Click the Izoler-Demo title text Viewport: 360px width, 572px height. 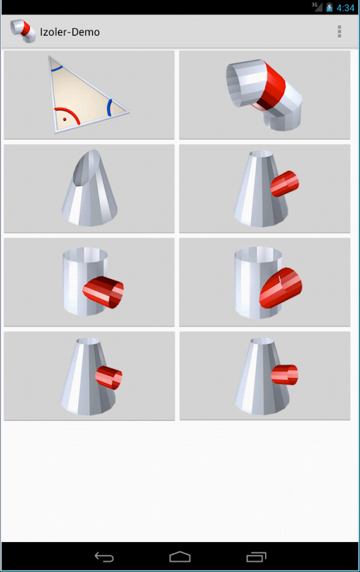[x=70, y=32]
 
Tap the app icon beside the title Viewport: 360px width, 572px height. [x=23, y=31]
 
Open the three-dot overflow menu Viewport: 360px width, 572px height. [x=339, y=32]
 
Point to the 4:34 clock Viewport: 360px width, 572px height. [x=345, y=8]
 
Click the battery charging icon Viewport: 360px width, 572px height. [x=329, y=7]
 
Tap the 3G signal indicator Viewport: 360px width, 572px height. [x=317, y=6]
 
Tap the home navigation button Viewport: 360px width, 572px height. [x=180, y=557]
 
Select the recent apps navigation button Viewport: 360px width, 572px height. [x=256, y=557]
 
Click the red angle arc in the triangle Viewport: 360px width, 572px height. [x=68, y=114]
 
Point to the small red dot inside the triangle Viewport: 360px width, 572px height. [x=65, y=119]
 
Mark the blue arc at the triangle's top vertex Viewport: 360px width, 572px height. [x=56, y=68]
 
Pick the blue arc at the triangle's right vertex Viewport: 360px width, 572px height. [x=109, y=107]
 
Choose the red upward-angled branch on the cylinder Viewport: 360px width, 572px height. [x=280, y=288]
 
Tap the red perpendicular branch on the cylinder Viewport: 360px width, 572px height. [x=103, y=292]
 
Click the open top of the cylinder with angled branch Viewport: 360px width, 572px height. [x=258, y=253]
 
